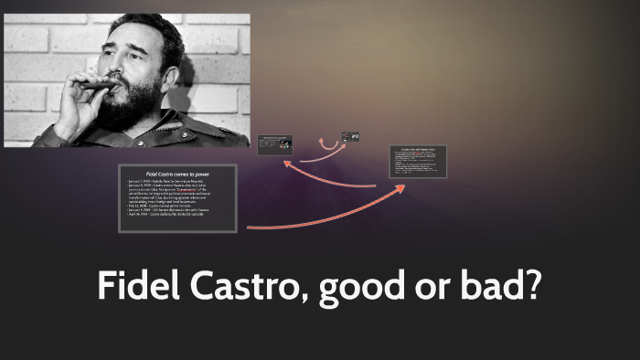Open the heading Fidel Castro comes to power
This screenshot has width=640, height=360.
(x=178, y=172)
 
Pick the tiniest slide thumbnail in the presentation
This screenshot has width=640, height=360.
(x=350, y=137)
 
